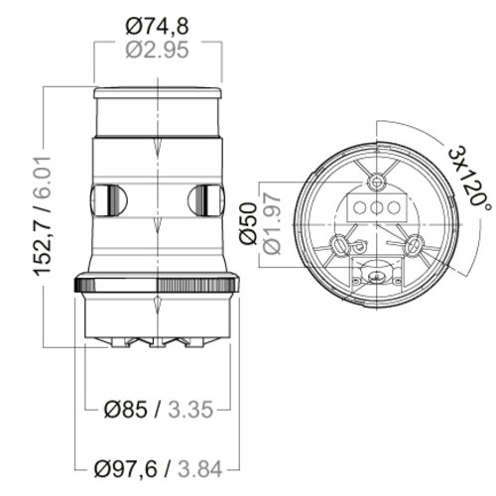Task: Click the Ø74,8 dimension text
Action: point(159,26)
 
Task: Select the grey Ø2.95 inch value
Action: point(159,51)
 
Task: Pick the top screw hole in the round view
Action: point(378,182)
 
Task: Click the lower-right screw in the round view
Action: point(415,242)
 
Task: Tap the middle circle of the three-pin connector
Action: point(378,207)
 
